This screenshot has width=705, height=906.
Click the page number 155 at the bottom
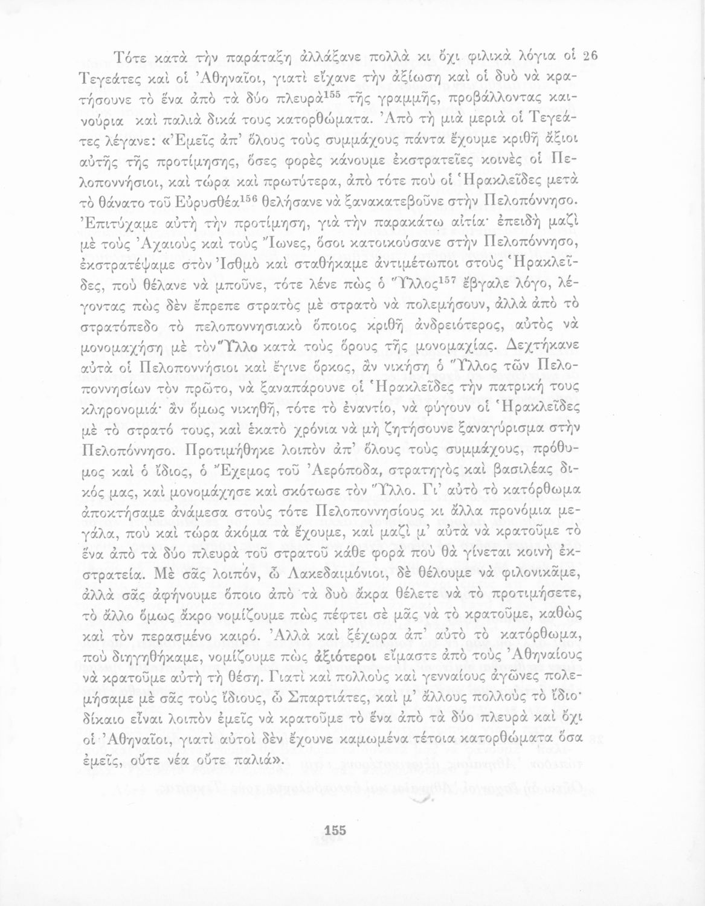click(x=335, y=831)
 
